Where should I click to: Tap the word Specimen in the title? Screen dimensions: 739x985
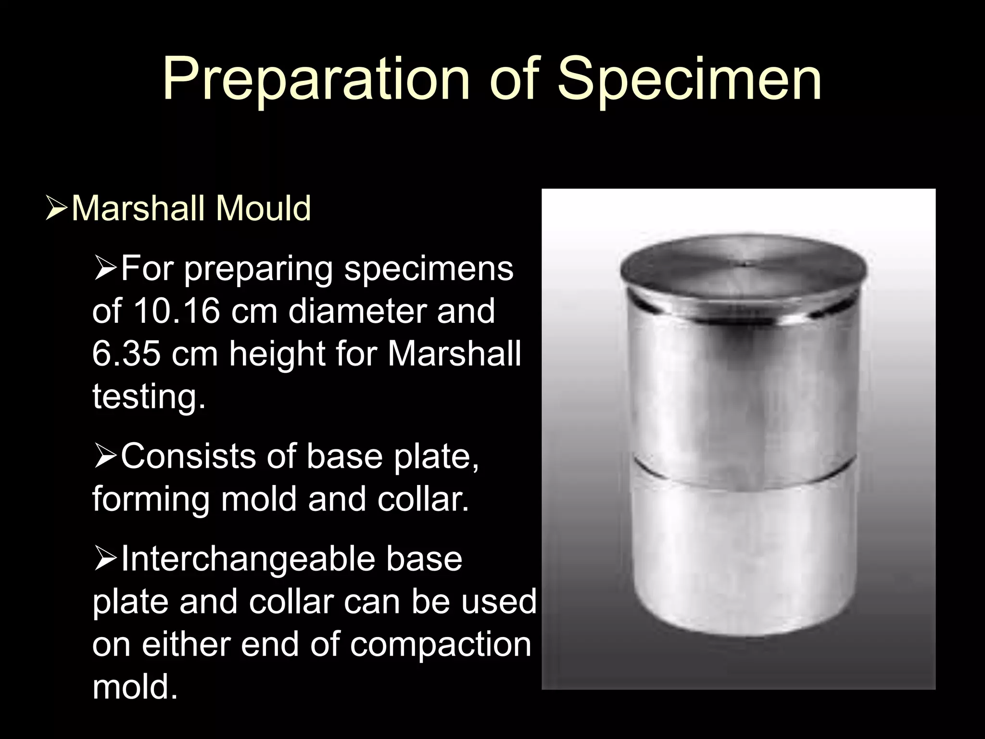coord(689,79)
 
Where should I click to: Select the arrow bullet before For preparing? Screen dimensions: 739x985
coord(104,270)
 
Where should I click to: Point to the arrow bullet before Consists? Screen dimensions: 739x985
coord(104,458)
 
